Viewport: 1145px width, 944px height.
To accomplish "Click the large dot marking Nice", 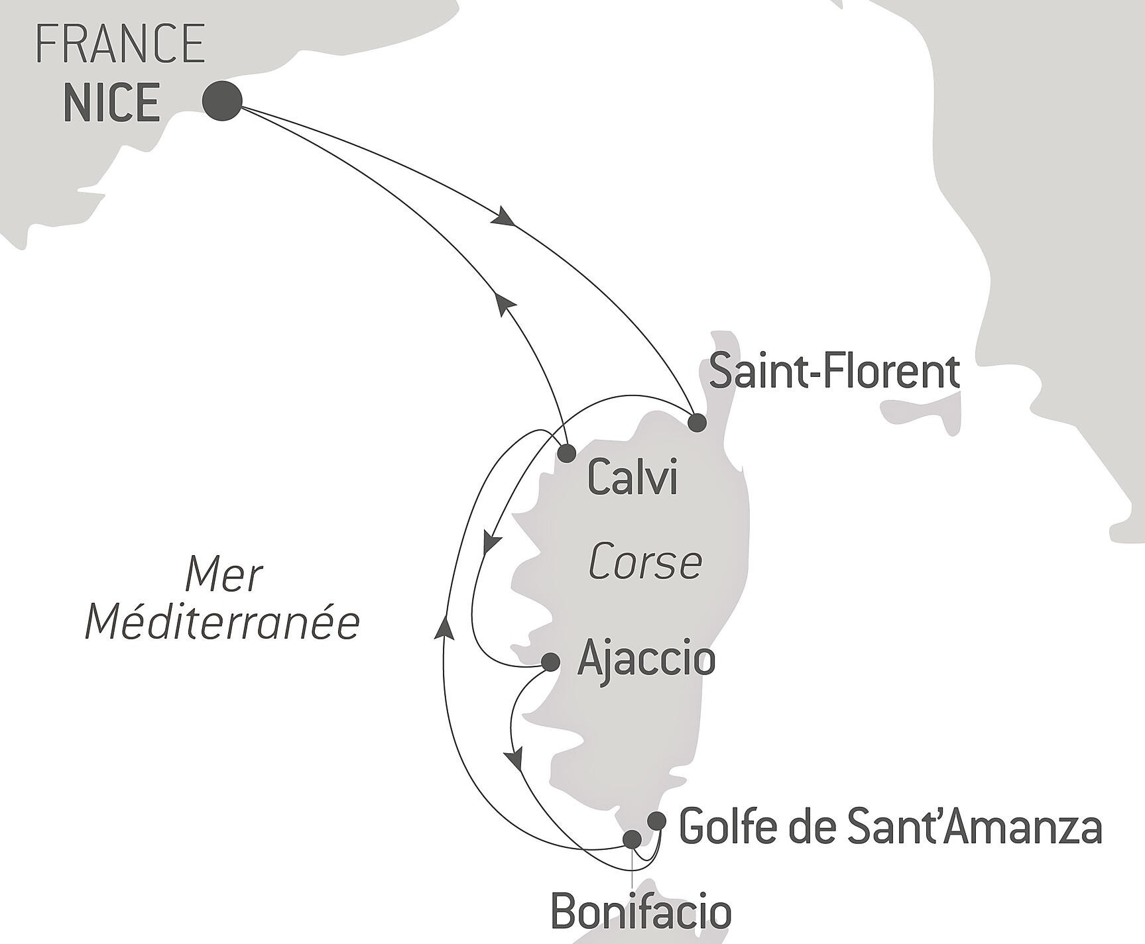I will coord(221,101).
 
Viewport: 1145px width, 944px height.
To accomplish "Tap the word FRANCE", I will coord(120,44).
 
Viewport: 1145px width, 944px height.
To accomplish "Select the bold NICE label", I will coord(112,103).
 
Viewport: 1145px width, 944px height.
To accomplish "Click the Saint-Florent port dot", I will coord(696,423).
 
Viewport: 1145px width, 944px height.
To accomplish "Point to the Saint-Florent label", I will coord(834,373).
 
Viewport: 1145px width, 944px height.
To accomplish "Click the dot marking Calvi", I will coord(566,454).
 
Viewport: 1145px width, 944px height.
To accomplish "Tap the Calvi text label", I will coord(633,478).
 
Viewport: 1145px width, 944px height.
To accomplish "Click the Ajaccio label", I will coord(646,659).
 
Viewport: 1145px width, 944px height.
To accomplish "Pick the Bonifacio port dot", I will coord(633,839).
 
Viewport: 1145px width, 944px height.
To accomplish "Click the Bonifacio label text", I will coord(641,912).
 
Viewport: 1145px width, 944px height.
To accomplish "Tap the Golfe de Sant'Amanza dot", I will coord(656,821).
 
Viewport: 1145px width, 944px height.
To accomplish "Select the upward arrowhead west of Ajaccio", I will coord(445,626).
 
